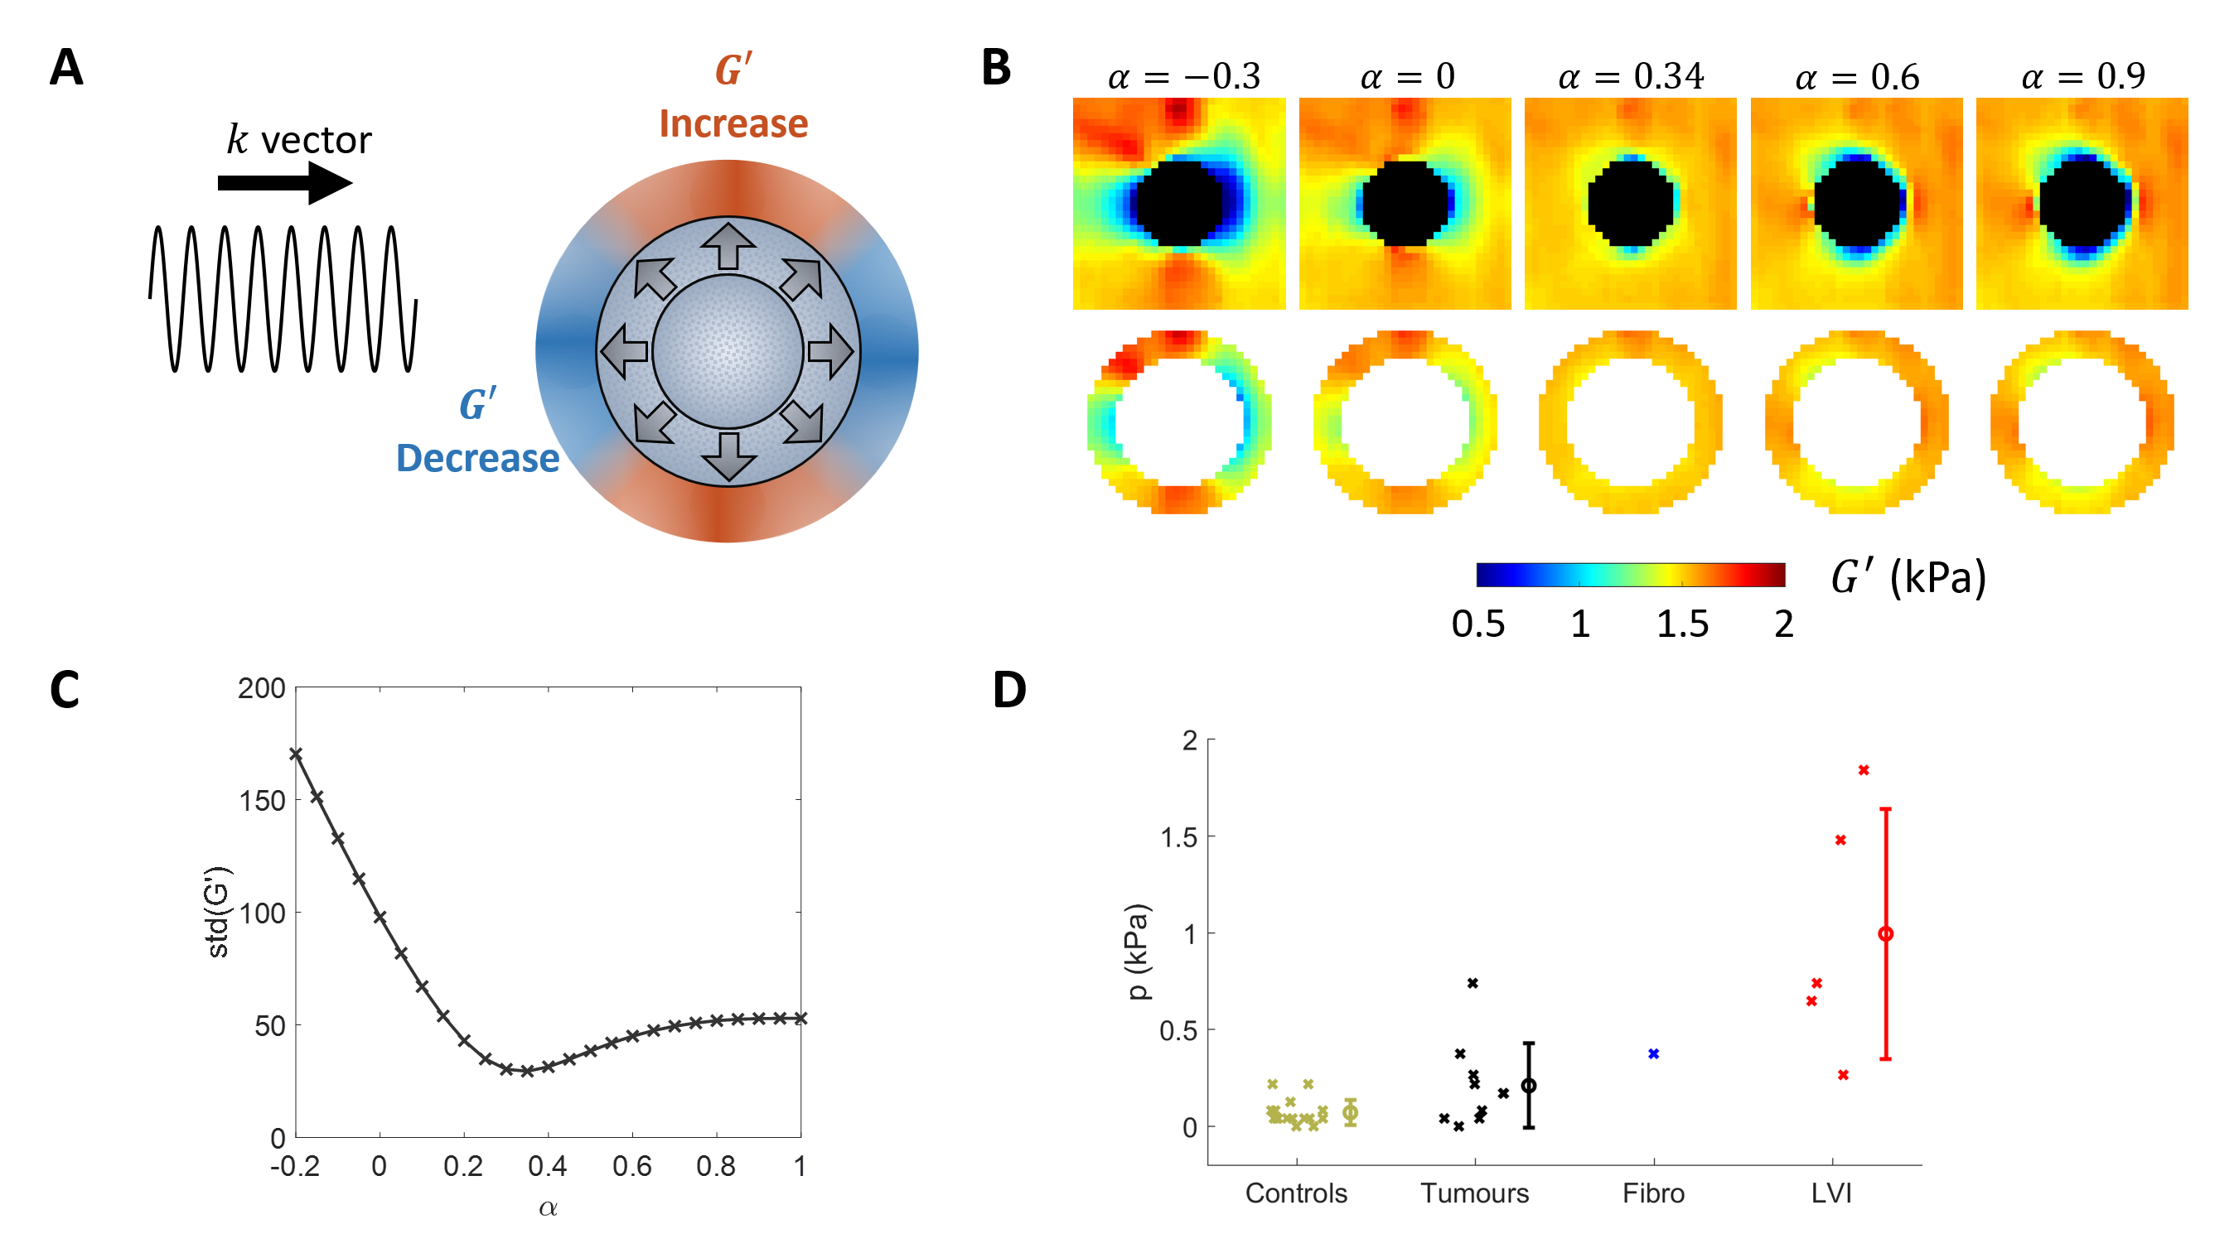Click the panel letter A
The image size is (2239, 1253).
[x=66, y=68]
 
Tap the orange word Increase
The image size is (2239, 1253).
[x=733, y=123]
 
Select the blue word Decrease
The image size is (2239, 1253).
[x=477, y=458]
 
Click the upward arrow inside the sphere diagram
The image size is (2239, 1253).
[x=728, y=246]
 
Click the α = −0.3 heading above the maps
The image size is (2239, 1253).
[x=1183, y=76]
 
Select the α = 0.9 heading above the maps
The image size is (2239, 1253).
[x=2082, y=76]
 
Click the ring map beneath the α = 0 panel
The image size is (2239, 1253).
[x=1405, y=422]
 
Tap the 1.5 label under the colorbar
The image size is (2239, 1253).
[x=1682, y=624]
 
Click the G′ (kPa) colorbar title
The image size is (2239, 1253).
[x=1908, y=577]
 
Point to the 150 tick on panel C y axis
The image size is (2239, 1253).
[x=262, y=800]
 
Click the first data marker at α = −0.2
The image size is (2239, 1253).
[x=297, y=754]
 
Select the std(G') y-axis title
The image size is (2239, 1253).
[x=217, y=913]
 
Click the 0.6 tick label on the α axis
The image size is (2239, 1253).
[x=632, y=1166]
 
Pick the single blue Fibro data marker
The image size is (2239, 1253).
[x=1653, y=1054]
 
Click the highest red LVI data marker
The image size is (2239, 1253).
[x=1864, y=770]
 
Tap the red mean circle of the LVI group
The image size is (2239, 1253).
[x=1885, y=934]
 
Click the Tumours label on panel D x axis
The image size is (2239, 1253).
[x=1474, y=1193]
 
